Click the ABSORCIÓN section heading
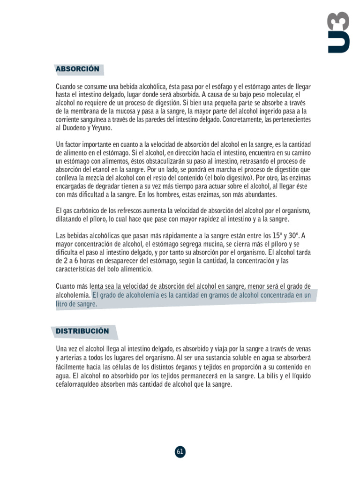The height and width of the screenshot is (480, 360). pyautogui.click(x=77, y=69)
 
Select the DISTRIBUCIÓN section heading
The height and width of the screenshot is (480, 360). pyautogui.click(x=82, y=331)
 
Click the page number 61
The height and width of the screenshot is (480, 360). pyautogui.click(x=180, y=451)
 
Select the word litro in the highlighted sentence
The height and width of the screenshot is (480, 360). pyautogui.click(x=63, y=304)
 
